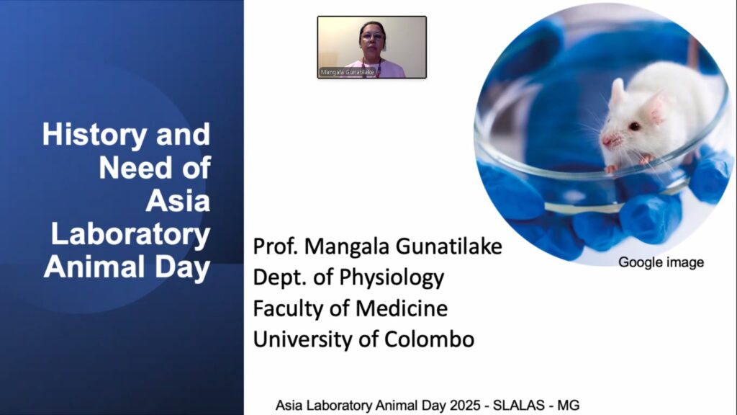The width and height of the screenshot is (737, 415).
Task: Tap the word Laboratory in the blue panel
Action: [x=131, y=234]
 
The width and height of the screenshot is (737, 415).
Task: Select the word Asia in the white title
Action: [x=178, y=201]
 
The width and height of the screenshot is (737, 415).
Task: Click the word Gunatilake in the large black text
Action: [x=449, y=246]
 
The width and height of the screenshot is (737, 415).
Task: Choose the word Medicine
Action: [x=402, y=308]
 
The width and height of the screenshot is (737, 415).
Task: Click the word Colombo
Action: [x=429, y=339]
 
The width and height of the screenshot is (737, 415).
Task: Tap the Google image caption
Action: [x=661, y=262]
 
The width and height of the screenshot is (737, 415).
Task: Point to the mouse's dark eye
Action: [x=635, y=126]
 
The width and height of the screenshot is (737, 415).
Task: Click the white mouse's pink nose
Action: [x=607, y=140]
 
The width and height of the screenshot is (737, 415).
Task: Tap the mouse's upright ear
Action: [x=617, y=92]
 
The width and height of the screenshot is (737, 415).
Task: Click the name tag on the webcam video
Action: [x=348, y=72]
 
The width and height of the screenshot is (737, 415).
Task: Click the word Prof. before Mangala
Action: [x=276, y=246]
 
